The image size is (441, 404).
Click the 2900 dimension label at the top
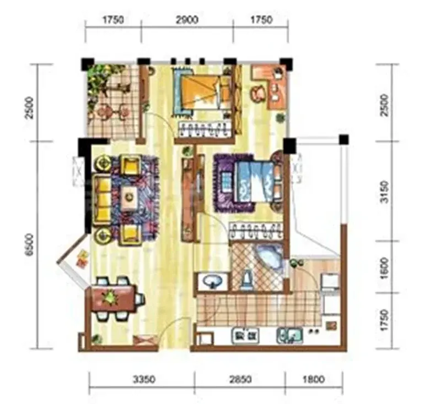coord(187,20)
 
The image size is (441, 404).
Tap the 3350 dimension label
coord(144,380)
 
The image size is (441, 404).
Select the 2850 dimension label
coord(240,380)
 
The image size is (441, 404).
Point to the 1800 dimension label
coord(314,380)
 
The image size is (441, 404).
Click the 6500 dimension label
coord(29,245)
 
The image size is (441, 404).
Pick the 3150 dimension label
coord(384,192)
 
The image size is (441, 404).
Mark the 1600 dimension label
coord(384,269)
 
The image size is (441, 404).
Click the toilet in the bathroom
coord(247,280)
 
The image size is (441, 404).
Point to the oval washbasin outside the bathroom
coord(212,281)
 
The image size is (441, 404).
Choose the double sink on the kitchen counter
coord(290,336)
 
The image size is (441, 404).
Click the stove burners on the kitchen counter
coord(245,336)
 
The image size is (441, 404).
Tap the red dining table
coord(113,298)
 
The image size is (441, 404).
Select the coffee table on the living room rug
coord(130,198)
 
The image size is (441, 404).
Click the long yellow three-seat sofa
coord(102,199)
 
